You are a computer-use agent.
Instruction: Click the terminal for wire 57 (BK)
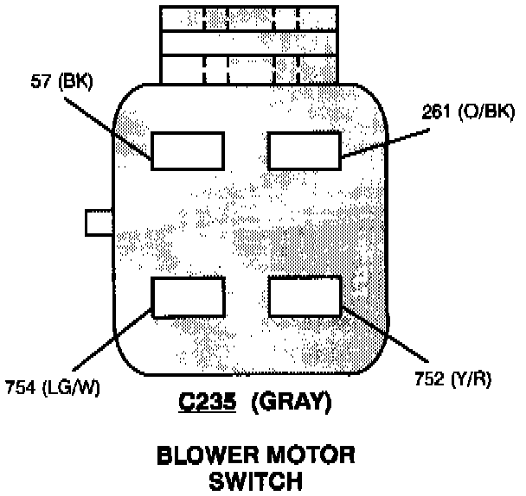[188, 150]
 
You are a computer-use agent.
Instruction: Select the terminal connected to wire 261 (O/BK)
[304, 150]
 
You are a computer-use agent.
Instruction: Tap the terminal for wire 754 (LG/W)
[188, 297]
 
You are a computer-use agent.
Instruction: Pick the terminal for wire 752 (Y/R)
[304, 297]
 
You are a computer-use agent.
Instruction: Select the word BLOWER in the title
[203, 455]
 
